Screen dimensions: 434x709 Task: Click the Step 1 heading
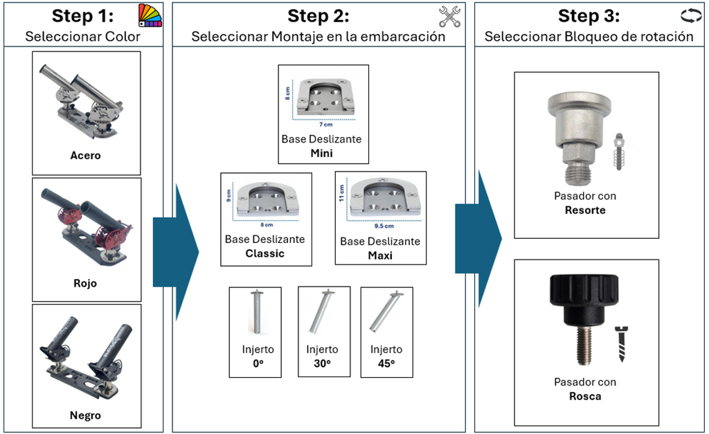82,16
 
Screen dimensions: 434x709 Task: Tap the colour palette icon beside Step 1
150,15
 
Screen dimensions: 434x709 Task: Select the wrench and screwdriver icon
450,16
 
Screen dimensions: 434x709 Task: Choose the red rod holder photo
86,227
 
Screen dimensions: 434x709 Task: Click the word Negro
85,415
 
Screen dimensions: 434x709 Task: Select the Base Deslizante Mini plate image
323,98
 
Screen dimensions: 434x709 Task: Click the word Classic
265,253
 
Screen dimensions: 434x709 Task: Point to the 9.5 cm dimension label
384,226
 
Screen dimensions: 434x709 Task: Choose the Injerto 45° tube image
386,313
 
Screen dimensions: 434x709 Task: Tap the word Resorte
585,210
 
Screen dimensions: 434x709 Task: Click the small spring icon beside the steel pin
620,152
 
